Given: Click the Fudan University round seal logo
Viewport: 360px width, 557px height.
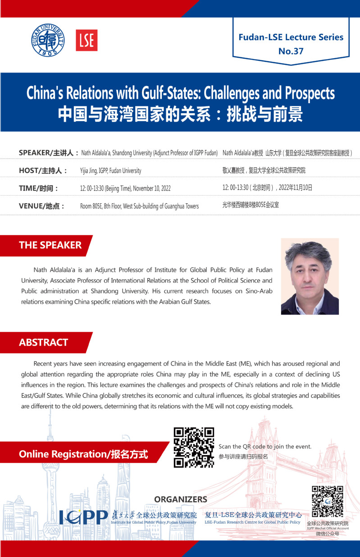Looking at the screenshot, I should click(x=48, y=40).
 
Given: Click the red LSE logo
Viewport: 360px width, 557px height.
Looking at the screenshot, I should click(x=87, y=40).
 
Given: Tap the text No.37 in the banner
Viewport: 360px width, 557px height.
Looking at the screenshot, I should click(x=291, y=51).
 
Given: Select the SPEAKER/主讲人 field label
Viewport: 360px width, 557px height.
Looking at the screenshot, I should click(x=49, y=153).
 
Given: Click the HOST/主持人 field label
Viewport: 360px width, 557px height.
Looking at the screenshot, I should click(x=43, y=170).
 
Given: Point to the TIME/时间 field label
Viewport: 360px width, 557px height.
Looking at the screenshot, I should click(x=39, y=188).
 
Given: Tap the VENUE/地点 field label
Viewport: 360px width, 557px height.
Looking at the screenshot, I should click(x=42, y=206).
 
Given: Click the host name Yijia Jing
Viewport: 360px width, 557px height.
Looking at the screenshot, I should click(x=91, y=171).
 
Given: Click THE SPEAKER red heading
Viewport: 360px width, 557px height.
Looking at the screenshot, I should click(x=50, y=245).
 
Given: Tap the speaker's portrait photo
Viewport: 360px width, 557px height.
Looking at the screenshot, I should click(x=310, y=276).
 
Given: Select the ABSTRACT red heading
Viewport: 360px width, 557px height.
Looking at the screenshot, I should click(x=43, y=342).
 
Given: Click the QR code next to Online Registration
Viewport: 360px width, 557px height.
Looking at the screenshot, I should click(x=194, y=447).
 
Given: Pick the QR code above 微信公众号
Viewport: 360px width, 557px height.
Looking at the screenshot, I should click(x=328, y=501).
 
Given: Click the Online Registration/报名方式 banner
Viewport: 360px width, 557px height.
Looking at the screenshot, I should click(x=83, y=454).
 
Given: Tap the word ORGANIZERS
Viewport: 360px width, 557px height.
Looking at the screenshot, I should click(x=181, y=499).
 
